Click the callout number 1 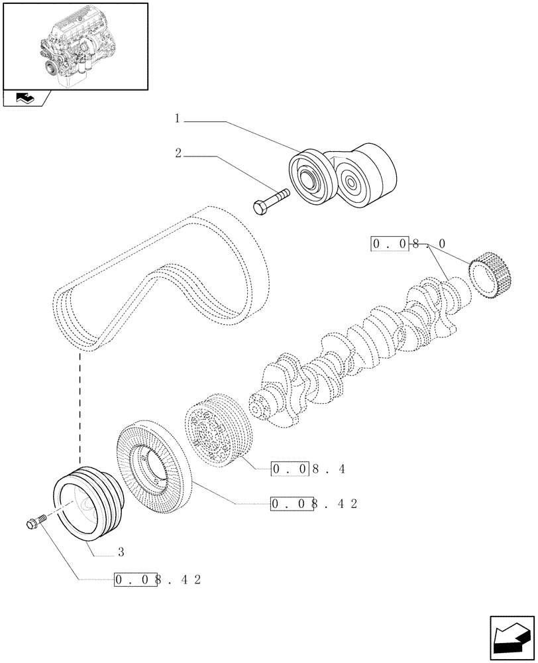coord(178,119)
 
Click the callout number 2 coord(178,154)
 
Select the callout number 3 coord(121,551)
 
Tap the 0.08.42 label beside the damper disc coord(315,504)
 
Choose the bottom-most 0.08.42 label coord(157,579)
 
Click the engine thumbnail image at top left coord(74,46)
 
